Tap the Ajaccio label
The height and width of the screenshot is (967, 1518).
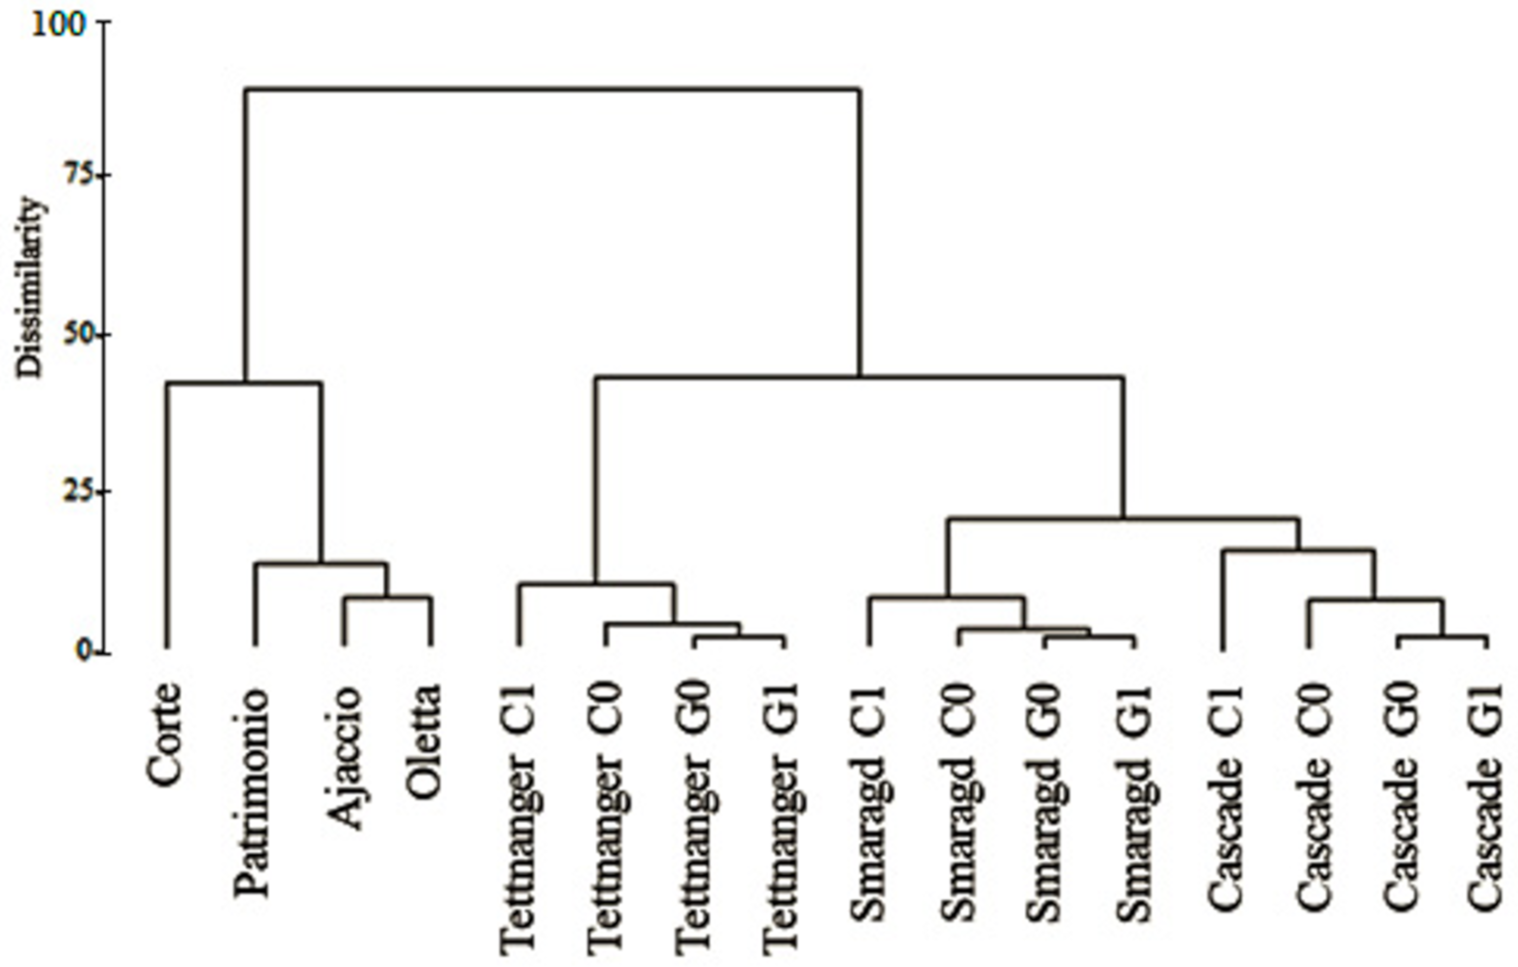(x=344, y=757)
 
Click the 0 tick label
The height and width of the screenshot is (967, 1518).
(x=85, y=651)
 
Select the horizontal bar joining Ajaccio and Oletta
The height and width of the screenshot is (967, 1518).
(x=388, y=597)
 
